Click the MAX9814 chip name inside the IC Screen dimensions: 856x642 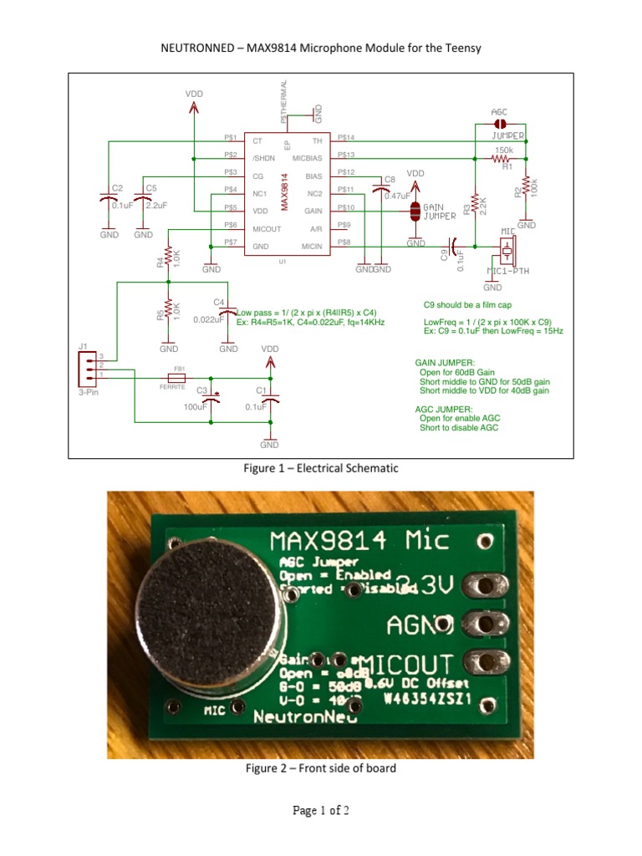285,191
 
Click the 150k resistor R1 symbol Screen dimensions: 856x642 502,157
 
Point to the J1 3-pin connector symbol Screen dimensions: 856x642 86,367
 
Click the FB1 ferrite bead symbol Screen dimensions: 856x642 178,377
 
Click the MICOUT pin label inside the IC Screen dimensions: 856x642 267,227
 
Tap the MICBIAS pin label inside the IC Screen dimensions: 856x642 307,157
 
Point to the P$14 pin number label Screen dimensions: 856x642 346,137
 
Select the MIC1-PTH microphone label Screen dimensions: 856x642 507,270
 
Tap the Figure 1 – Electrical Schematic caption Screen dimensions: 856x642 321,469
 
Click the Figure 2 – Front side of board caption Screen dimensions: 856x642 320,768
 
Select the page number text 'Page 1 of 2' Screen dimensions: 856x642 320,811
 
